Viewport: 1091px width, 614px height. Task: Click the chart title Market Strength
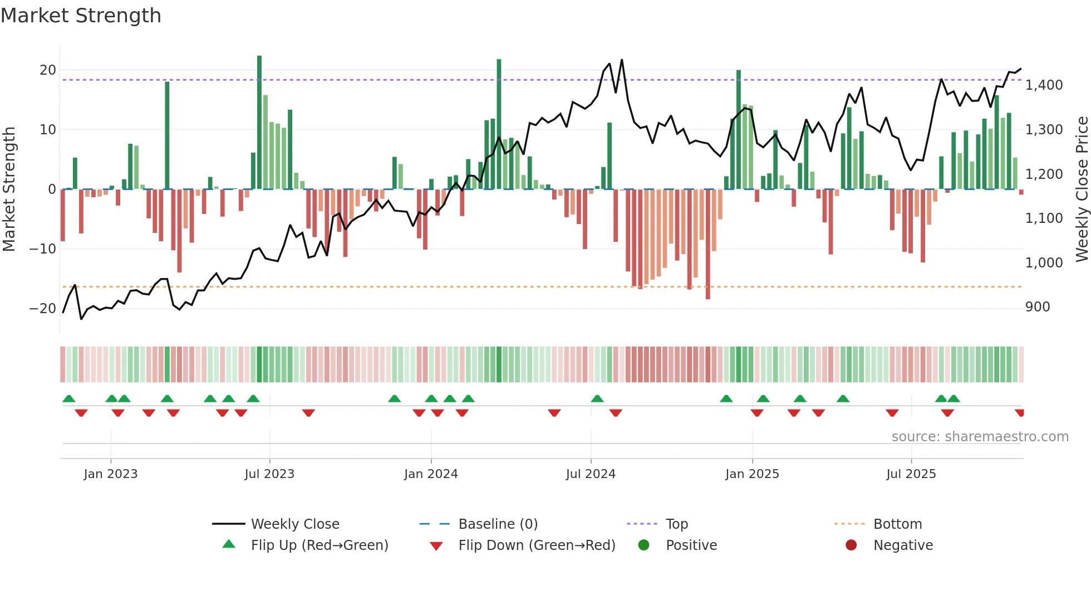[x=81, y=16]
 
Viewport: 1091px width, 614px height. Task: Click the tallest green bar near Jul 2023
[x=259, y=123]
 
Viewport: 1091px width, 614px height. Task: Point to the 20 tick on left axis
[x=48, y=70]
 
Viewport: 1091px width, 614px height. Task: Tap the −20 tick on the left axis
[x=43, y=309]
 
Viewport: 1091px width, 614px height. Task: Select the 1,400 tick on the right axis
[x=1044, y=85]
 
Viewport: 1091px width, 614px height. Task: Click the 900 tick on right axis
[x=1038, y=307]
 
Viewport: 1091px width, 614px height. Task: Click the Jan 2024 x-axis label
[x=431, y=474]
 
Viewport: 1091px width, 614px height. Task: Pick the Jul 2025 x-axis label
[x=911, y=474]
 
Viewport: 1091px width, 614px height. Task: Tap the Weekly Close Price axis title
[x=1082, y=189]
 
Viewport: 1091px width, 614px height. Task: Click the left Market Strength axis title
[x=9, y=189]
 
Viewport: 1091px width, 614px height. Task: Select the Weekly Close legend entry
[x=294, y=524]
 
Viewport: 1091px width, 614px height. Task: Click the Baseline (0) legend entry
[x=498, y=524]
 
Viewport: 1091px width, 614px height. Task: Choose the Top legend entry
[x=676, y=524]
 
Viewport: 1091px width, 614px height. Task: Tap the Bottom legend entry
[x=897, y=524]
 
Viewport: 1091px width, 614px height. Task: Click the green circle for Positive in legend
[x=644, y=545]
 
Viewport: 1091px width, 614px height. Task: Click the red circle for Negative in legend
[x=851, y=545]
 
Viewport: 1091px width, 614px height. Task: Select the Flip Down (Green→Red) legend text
[x=537, y=545]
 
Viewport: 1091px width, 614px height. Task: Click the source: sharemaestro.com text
[x=980, y=437]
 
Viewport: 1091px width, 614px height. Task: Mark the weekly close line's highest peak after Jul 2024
[x=622, y=60]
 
